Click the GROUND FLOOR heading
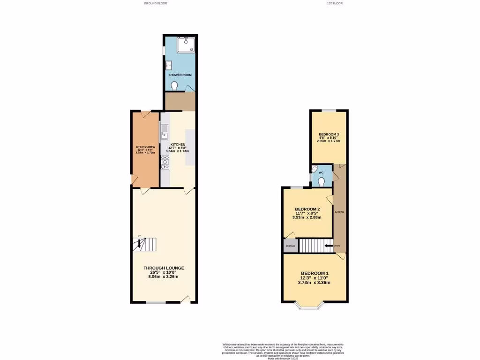[155, 3]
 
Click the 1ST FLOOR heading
[335, 3]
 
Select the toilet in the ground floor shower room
[174, 86]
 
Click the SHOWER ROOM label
[180, 75]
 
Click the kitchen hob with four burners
[165, 162]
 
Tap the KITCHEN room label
[178, 144]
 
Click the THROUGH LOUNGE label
[164, 268]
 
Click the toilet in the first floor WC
[321, 182]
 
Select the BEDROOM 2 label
[307, 209]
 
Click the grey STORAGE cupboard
[291, 246]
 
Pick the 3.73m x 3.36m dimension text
[315, 283]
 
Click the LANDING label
[339, 212]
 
